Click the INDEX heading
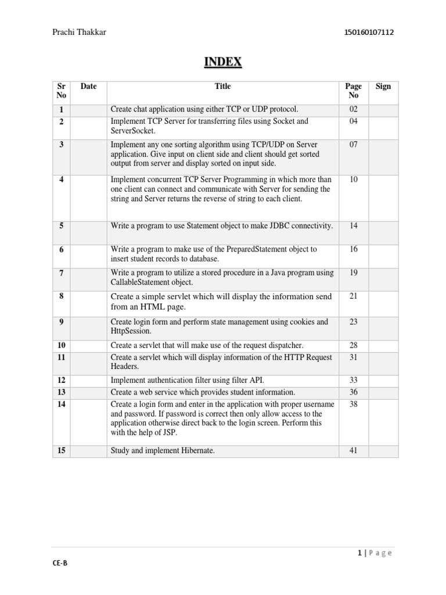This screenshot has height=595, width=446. [x=222, y=62]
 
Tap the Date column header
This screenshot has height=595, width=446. [x=88, y=87]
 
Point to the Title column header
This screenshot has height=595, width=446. [x=222, y=87]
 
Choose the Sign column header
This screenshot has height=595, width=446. [x=383, y=87]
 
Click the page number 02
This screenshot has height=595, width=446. [x=353, y=110]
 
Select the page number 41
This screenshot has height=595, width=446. [x=353, y=450]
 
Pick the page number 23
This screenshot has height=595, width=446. [x=353, y=322]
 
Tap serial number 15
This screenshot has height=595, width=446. [x=62, y=450]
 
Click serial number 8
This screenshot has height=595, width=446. [x=62, y=296]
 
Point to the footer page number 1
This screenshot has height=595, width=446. [x=361, y=553]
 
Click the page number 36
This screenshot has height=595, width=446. [x=353, y=392]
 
